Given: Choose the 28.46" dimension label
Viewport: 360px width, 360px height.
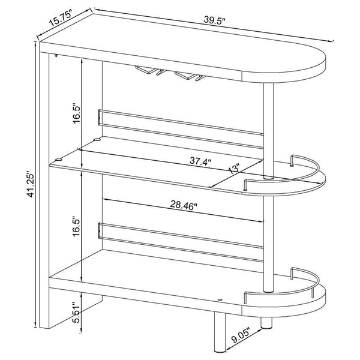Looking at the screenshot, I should [184, 205].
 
